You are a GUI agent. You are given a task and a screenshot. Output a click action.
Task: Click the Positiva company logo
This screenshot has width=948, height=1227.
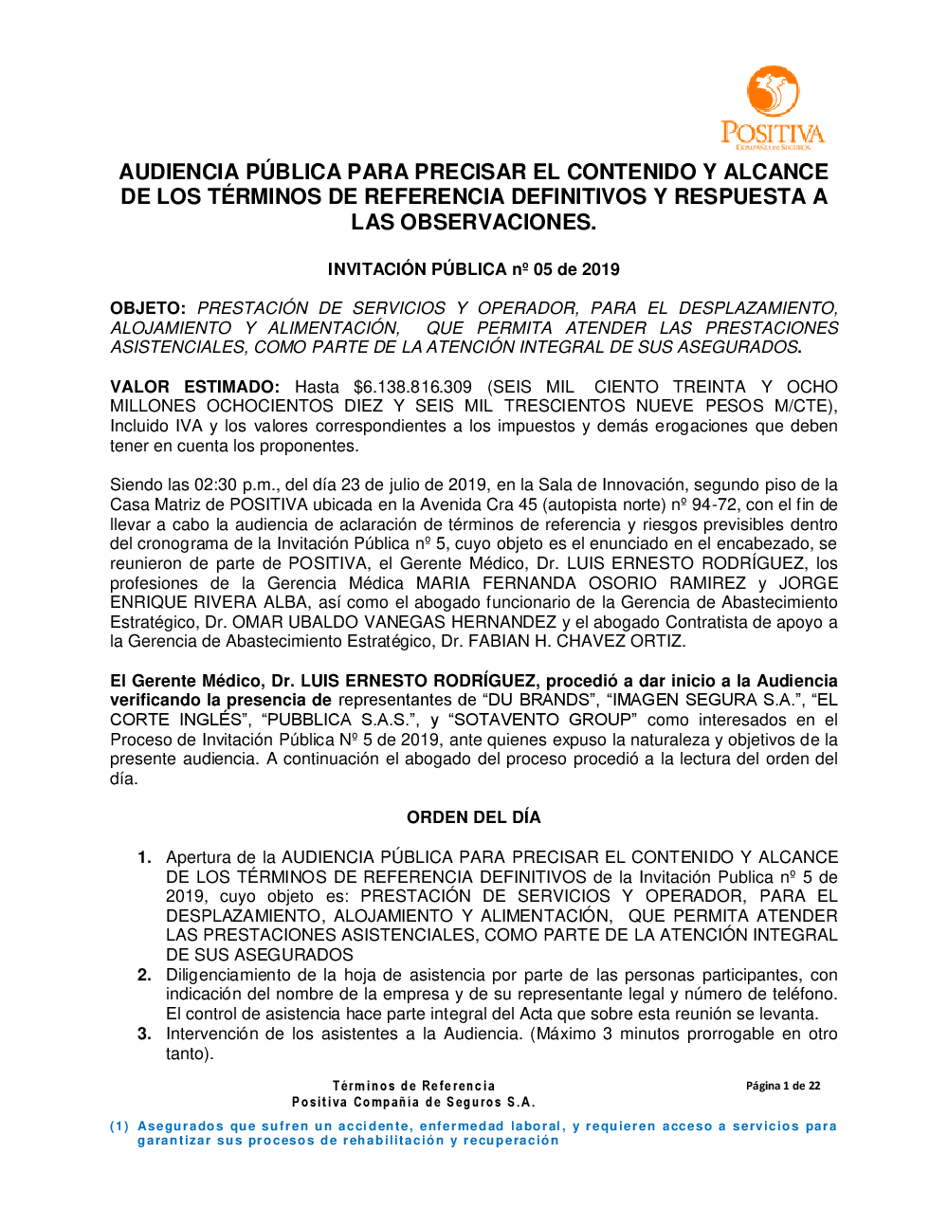[772, 107]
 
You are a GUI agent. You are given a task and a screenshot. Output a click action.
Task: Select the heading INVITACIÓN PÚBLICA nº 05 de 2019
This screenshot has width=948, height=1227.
[473, 269]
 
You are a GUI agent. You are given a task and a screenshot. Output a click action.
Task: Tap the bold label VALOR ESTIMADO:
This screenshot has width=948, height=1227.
[194, 387]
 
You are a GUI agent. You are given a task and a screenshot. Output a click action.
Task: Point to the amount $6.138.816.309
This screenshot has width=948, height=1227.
[412, 387]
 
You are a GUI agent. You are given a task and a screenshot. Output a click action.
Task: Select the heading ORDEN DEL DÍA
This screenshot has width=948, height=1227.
[473, 817]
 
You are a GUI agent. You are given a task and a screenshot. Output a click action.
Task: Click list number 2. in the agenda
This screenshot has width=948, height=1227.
[144, 975]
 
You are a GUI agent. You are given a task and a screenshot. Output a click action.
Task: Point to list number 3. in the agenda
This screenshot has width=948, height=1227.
[144, 1034]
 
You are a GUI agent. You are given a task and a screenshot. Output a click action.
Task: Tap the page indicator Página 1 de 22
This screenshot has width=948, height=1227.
[783, 1086]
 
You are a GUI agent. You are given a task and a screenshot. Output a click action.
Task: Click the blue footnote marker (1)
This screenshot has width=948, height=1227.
[119, 1126]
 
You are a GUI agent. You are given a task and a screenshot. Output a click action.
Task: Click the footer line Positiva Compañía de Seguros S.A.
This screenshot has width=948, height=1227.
[413, 1102]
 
